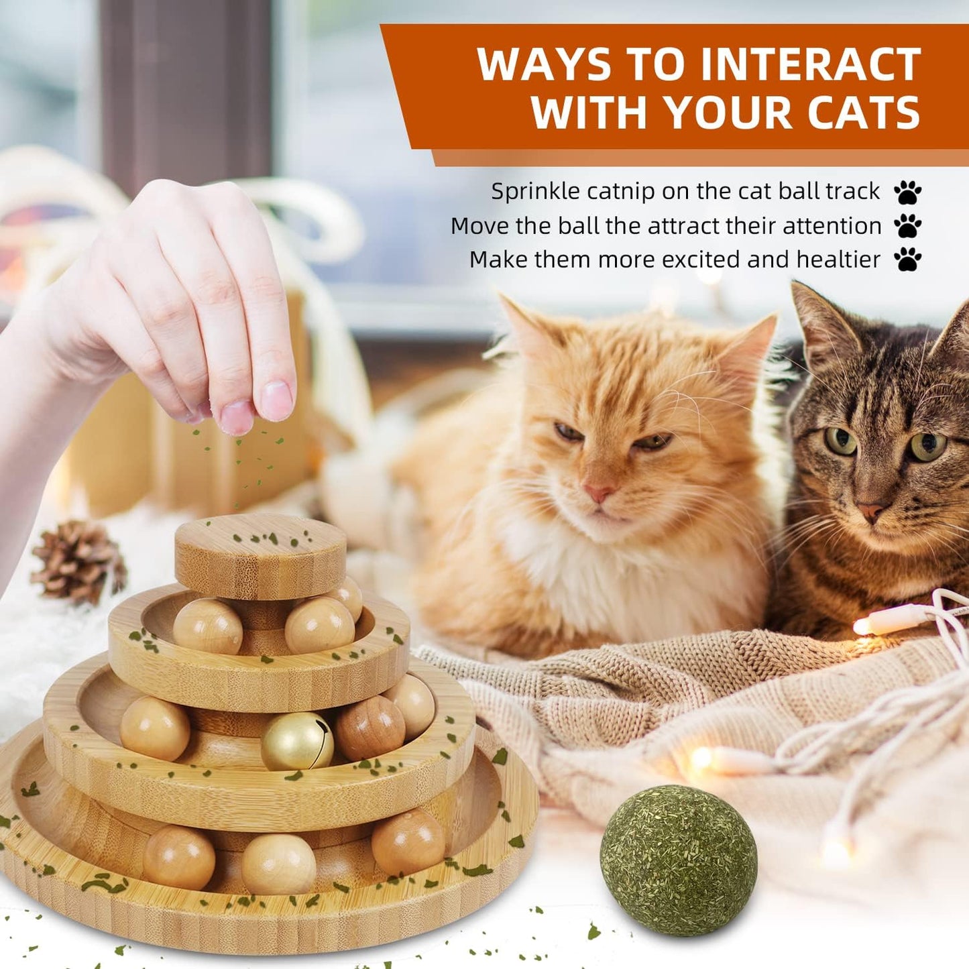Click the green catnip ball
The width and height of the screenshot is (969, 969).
(679, 860)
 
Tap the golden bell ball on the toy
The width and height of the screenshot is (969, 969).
(296, 741)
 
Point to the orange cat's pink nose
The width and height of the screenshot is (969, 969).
(598, 492)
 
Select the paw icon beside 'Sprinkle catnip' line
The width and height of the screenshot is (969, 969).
(907, 192)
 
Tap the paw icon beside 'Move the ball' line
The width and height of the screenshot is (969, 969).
(907, 226)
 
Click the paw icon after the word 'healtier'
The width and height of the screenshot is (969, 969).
(907, 260)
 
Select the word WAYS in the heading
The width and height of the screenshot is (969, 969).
(545, 65)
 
